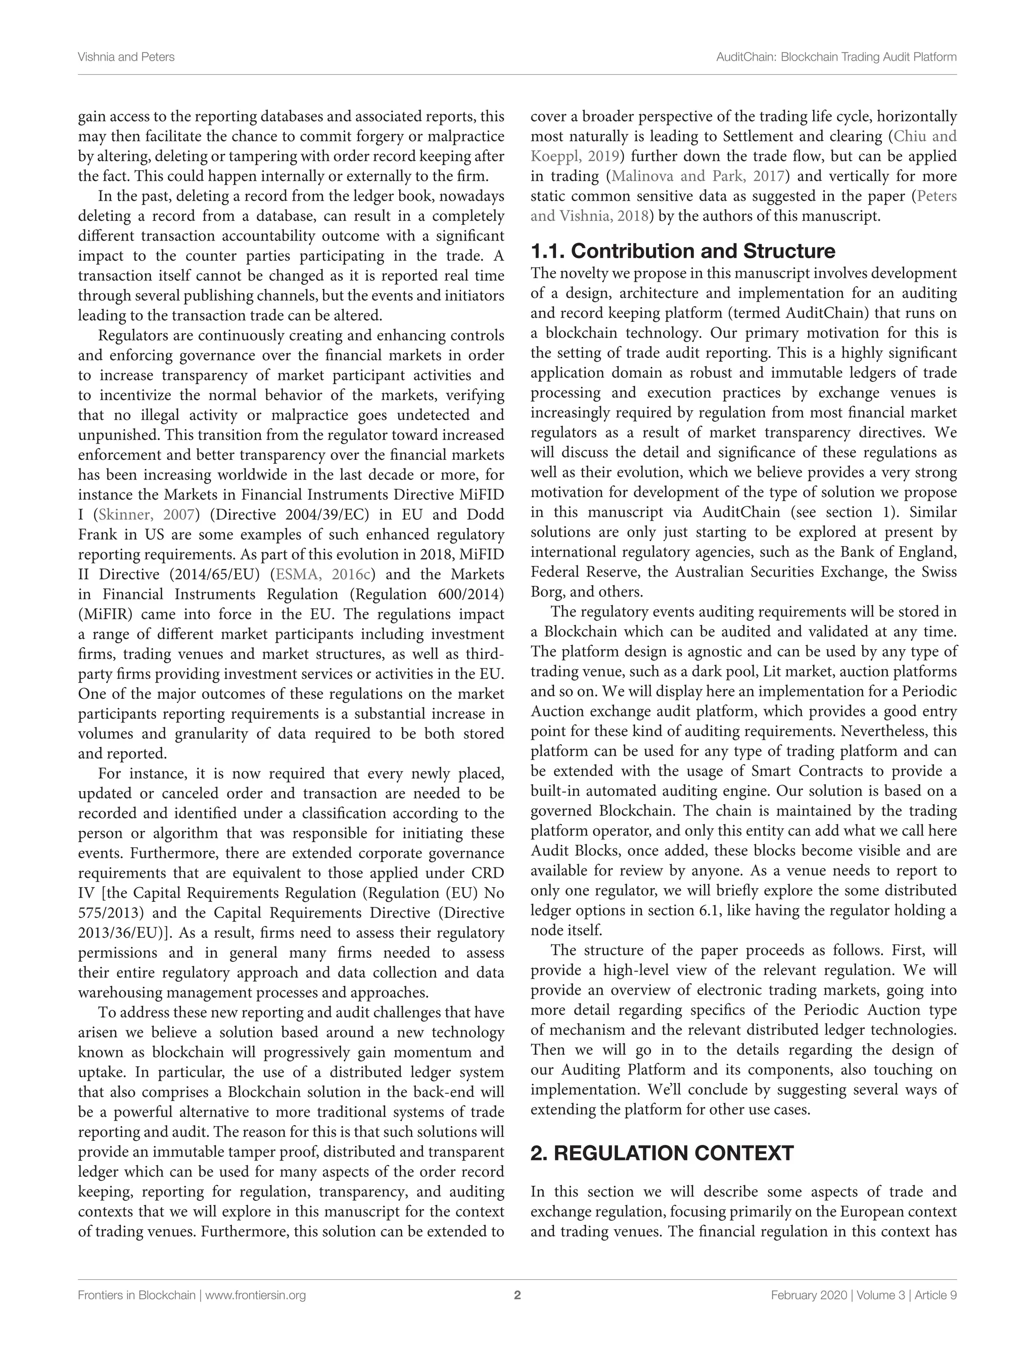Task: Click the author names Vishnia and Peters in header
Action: (x=126, y=57)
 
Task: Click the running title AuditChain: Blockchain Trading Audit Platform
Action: (x=836, y=57)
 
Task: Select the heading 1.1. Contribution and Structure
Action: (x=683, y=251)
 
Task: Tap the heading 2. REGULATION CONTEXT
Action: (x=662, y=1153)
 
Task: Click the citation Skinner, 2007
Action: (x=147, y=515)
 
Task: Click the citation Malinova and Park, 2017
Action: (x=697, y=177)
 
